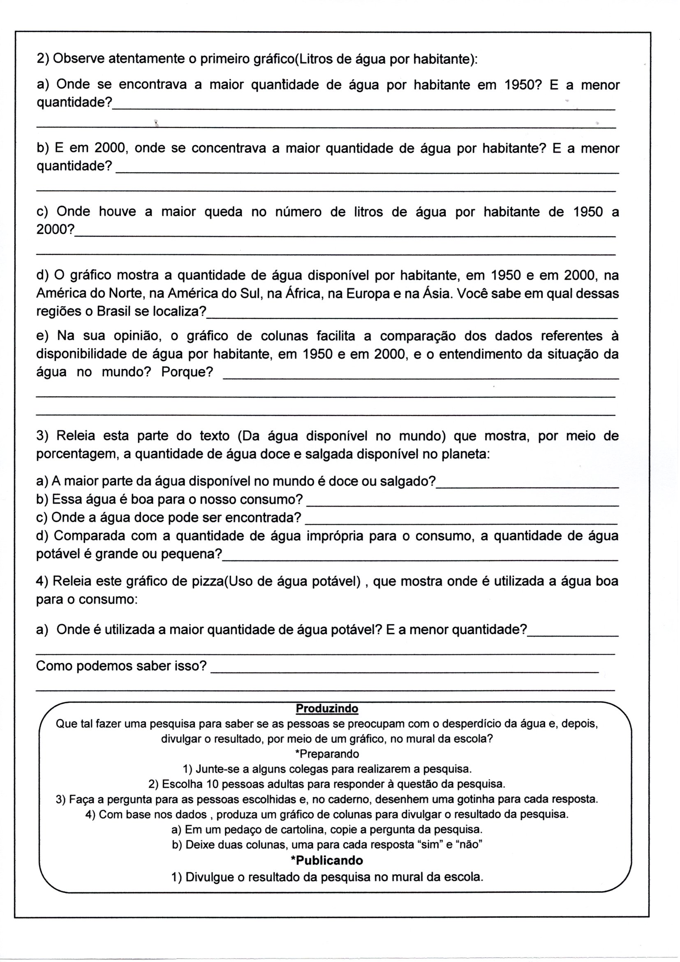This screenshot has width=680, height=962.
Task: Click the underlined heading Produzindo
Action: [326, 709]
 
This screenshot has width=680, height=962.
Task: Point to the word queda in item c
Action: [223, 212]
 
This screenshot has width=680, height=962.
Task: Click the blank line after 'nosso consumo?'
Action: [463, 505]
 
